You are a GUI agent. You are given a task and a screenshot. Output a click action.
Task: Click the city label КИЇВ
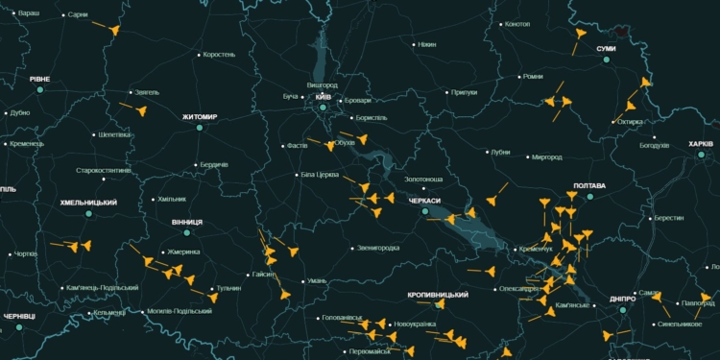tap(324, 97)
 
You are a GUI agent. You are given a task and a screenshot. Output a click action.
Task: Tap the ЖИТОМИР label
tap(200, 117)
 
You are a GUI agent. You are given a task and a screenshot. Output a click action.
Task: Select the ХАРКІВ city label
tap(701, 144)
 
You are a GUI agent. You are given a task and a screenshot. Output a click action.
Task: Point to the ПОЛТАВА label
tap(588, 185)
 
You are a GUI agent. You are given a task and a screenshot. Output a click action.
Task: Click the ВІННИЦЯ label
tap(187, 222)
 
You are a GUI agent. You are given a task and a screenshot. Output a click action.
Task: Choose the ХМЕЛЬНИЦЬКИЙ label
tap(88, 203)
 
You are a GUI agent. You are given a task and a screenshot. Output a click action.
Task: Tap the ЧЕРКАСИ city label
tap(424, 201)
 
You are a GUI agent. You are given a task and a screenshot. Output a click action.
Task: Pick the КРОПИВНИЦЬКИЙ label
tap(437, 294)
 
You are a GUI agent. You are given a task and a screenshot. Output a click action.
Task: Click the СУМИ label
tap(606, 48)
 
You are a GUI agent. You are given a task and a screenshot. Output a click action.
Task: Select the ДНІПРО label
tap(622, 299)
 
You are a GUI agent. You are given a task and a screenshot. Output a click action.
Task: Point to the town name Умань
tap(316, 281)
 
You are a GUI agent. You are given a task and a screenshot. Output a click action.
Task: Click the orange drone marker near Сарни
tap(114, 31)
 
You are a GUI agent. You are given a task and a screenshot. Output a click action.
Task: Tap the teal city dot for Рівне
tap(40, 89)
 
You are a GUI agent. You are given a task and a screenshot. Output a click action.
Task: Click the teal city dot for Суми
tap(607, 60)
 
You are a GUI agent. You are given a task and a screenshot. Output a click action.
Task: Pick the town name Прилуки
tap(464, 93)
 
